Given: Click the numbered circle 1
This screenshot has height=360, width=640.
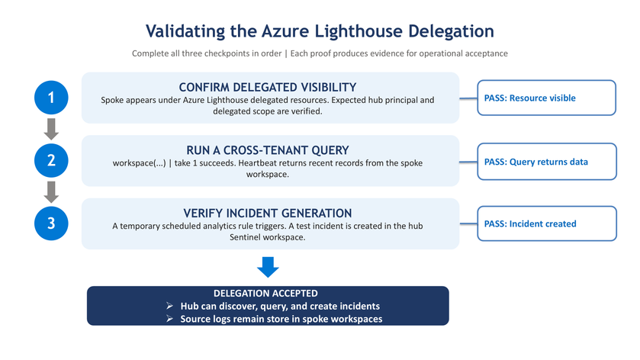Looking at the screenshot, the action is (51, 98).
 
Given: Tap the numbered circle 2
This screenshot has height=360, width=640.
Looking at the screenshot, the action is (51, 160).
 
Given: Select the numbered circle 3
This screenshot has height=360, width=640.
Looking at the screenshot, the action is (51, 223).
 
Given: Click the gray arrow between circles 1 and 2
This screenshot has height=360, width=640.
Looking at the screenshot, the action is (51, 129).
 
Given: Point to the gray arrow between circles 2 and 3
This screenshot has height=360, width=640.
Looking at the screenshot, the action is (51, 192).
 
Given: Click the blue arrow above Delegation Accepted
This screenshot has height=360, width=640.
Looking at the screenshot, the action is (268, 268).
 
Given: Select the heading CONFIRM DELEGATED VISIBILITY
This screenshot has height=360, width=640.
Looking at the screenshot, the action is (267, 88).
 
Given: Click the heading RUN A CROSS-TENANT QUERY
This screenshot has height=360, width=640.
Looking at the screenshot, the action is (267, 150).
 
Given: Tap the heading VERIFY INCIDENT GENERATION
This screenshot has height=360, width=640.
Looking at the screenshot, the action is (267, 213).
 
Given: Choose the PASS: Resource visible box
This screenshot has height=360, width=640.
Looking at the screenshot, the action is (546, 98).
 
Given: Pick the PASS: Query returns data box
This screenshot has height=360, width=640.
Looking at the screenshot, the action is (547, 161).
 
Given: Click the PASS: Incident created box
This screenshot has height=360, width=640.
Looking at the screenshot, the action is (547, 223).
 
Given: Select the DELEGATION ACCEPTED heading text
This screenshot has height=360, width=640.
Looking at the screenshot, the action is (265, 293).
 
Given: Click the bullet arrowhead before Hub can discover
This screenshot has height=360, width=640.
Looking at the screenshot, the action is (170, 306).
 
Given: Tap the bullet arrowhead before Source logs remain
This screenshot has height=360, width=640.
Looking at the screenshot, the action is (170, 318).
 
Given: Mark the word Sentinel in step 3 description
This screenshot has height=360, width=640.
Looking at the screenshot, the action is (243, 237).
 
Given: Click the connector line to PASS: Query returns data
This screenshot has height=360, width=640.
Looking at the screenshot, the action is (468, 162).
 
